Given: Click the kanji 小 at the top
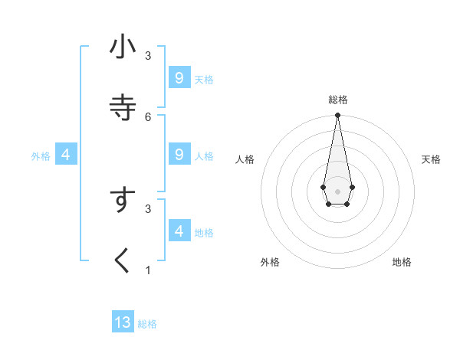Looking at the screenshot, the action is pos(123,47).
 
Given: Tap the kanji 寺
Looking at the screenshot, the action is pos(123,107).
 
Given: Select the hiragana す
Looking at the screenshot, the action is pos(123,201).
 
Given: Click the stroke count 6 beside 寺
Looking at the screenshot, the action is pos(148,116).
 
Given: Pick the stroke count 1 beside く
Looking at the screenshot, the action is pos(148,270).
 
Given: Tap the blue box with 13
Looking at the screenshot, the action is pos(123,322).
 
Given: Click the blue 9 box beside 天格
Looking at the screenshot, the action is pos(179,78).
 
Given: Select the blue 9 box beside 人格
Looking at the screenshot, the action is pos(179,155).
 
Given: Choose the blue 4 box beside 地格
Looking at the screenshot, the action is pos(179,231).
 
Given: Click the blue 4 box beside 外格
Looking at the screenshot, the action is pos(66,155).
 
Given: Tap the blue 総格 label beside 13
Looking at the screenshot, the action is pos(147,324).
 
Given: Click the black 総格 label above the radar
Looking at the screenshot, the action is pos(338,100).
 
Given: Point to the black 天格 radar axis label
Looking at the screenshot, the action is pos(432,159).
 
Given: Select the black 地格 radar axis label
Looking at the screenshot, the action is pos(402,262).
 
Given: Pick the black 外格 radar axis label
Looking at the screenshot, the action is pos(270,262).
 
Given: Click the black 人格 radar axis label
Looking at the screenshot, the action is pos(245,159).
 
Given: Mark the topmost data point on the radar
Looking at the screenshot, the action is pos(337,115).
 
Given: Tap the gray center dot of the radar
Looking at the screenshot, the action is pos(337,191).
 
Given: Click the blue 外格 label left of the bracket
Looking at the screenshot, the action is pos(41,156).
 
